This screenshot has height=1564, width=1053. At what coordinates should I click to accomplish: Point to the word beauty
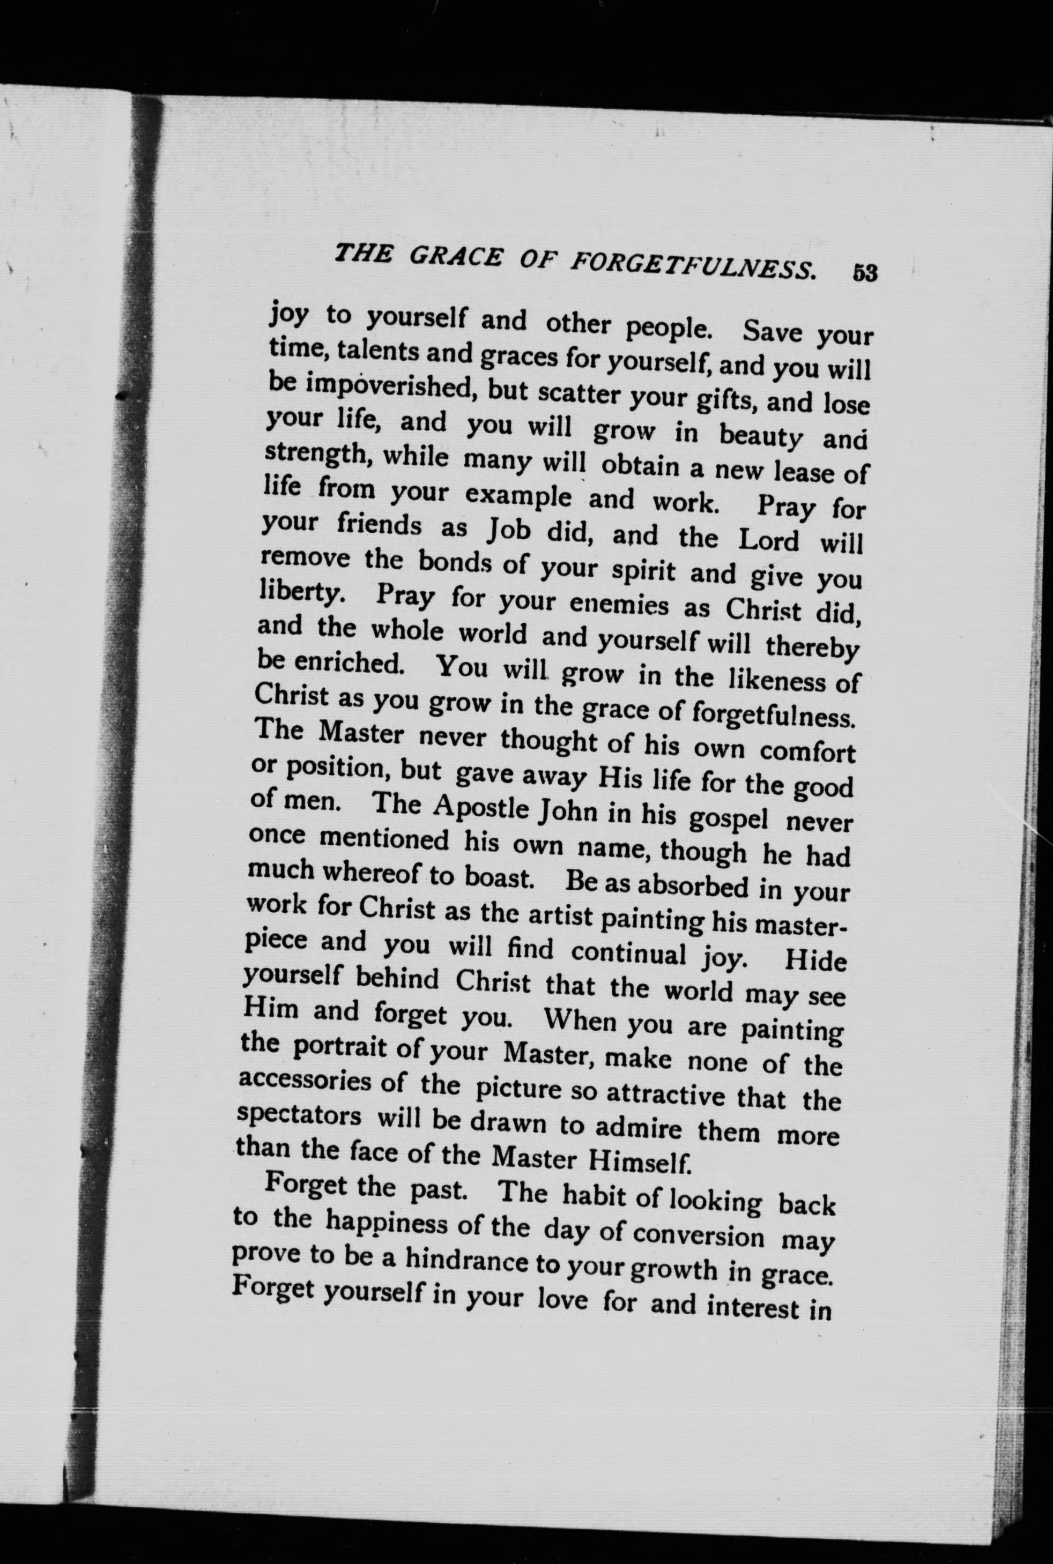click(x=761, y=438)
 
